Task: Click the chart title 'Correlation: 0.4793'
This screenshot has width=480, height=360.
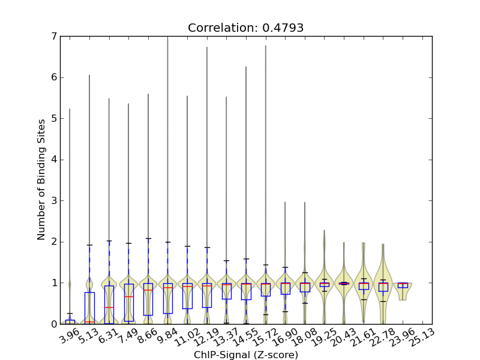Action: [245, 28]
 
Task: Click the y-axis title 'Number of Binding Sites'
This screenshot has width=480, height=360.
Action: [41, 180]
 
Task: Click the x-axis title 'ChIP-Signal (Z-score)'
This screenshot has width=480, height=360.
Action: [245, 355]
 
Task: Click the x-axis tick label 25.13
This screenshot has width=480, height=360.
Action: [418, 338]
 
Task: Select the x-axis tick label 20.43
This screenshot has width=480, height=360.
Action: [340, 338]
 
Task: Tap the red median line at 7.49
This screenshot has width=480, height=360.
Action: [128, 296]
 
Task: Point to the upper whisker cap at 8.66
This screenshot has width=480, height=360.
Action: [148, 239]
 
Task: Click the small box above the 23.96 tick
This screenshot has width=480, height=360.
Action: [403, 285]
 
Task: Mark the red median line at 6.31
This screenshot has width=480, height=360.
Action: [109, 307]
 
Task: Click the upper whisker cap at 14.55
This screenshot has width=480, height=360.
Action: [246, 259]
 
